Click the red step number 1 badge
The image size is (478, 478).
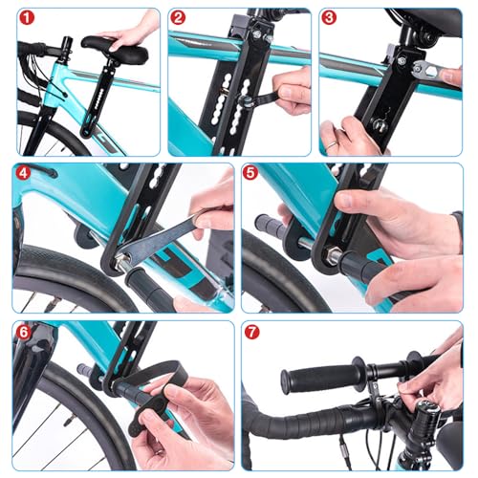pos(27,18)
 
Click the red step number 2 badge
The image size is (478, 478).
pos(178,18)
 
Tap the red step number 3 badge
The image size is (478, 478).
pos(329,18)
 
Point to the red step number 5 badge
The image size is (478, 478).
pos(250,173)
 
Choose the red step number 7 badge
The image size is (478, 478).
pos(252,333)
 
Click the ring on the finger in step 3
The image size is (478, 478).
pos(332,145)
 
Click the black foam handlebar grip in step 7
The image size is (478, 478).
pos(322,376)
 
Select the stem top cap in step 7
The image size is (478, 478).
pos(428,407)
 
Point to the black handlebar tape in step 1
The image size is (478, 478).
pos(31,49)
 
